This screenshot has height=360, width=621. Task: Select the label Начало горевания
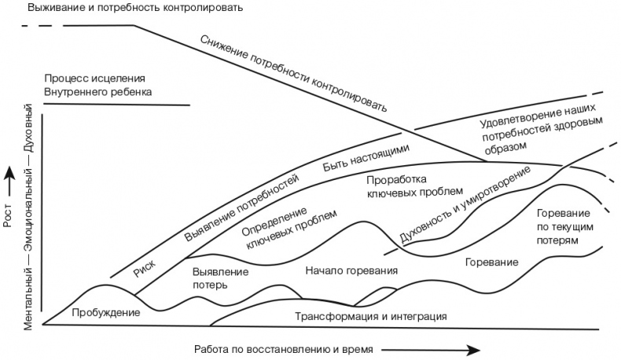[x=351, y=271]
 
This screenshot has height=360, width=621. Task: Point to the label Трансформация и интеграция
[x=370, y=317]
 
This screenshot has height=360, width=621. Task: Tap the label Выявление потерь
[x=220, y=278]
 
